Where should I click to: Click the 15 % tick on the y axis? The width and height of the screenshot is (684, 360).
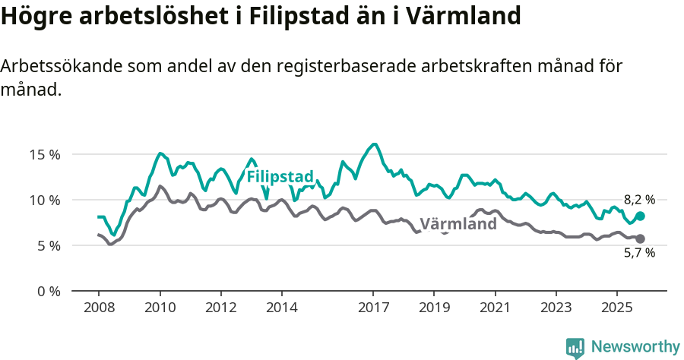point(44,154)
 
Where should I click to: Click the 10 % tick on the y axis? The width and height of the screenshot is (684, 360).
point(44,200)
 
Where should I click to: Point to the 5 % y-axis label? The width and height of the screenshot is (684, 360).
point(47,245)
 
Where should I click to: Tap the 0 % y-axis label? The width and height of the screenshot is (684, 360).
point(47,291)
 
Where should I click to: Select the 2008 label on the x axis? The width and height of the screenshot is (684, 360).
point(99,308)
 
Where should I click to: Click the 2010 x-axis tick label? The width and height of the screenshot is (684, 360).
point(160,308)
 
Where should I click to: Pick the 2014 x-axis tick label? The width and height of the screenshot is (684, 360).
point(281,308)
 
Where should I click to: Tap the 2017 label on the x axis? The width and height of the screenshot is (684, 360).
point(373,308)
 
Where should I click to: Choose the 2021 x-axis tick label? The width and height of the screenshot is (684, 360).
point(495,308)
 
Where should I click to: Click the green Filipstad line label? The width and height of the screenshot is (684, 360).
point(280,177)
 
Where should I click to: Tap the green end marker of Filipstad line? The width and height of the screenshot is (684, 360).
point(640,216)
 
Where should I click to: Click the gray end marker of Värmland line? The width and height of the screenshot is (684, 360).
point(640,238)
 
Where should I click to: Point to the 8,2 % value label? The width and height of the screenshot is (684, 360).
point(639,200)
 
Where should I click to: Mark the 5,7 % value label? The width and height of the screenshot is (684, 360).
point(639,254)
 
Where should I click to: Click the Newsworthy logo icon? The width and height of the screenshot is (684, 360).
point(575,348)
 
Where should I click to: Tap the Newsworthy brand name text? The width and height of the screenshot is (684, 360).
point(635,347)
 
